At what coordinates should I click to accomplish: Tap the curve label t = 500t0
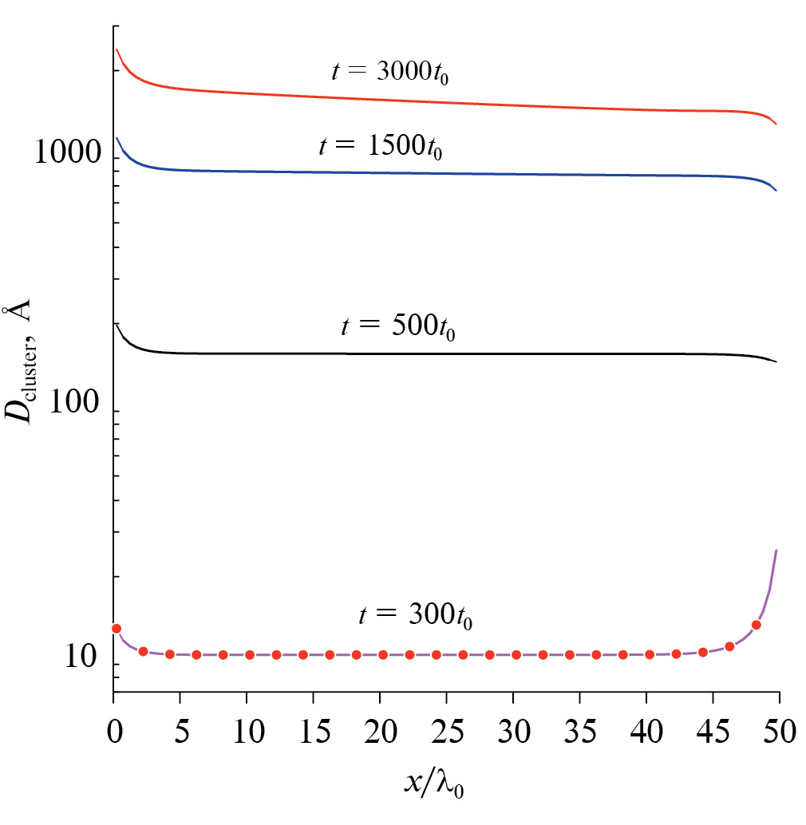pos(397,327)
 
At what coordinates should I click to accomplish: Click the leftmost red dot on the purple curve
pos(116,629)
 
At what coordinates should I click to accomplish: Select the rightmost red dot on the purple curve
pos(756,625)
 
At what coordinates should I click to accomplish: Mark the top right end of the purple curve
pos(776,550)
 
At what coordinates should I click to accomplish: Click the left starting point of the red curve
pos(117,49)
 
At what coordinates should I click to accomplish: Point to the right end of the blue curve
pos(776,191)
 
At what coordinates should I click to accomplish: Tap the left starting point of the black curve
pos(117,323)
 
